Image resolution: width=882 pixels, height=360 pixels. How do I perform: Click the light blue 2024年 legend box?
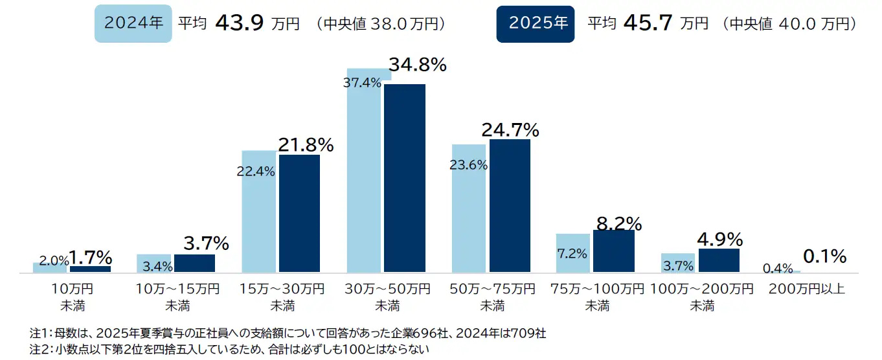(x=133, y=23)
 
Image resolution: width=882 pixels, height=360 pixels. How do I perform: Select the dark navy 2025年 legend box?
(x=535, y=23)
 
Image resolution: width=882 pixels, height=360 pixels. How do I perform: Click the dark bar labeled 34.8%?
(x=405, y=178)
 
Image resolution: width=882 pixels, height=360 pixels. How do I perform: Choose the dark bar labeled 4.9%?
(x=719, y=260)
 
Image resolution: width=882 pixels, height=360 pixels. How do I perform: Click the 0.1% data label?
(x=824, y=256)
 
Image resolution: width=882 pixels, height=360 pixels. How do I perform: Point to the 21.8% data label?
(x=306, y=145)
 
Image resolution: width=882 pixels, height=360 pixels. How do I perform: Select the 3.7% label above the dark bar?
(x=206, y=243)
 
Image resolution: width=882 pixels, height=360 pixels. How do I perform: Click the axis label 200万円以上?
(x=806, y=289)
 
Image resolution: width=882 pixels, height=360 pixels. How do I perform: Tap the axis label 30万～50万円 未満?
(x=386, y=297)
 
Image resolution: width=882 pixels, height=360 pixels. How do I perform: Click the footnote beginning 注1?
(x=288, y=334)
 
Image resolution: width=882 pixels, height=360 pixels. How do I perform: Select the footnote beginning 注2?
(x=230, y=350)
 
